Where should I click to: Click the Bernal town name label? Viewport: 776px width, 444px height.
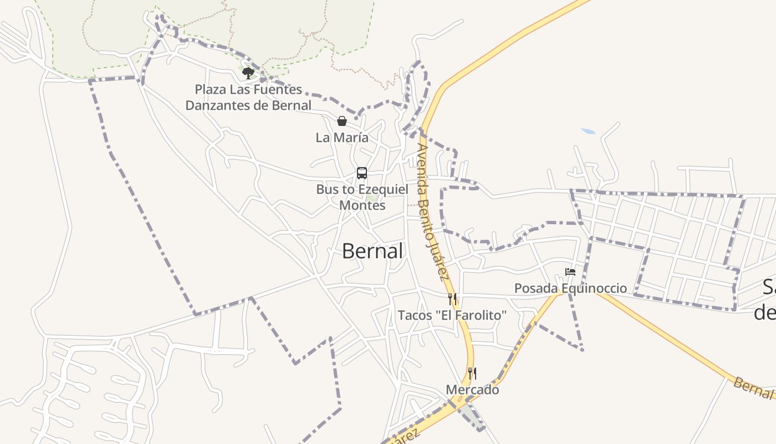coord(372,251)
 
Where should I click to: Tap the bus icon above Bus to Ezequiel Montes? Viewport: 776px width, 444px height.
coord(362,173)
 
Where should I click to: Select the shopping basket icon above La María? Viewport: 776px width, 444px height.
coord(342,121)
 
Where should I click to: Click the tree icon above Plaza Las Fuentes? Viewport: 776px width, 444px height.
coord(248,73)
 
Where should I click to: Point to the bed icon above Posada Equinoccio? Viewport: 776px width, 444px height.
coord(570,272)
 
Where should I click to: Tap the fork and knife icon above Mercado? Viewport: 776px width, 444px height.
coord(472,373)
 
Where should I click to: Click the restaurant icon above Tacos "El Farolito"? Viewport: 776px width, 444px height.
coord(452,299)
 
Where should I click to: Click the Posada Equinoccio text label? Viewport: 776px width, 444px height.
coord(570,288)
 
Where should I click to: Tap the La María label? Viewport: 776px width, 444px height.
coord(342,137)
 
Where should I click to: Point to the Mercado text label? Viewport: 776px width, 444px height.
coord(472,390)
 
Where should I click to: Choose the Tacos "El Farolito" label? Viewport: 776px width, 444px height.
coord(452,315)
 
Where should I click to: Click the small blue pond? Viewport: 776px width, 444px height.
coord(588,132)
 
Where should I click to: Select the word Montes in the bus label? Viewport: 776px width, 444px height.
coord(362,205)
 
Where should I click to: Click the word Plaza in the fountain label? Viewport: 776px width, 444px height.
coord(210,89)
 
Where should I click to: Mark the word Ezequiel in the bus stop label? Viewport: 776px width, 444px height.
coord(382,189)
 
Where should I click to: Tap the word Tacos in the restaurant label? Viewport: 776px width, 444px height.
coord(414,315)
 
